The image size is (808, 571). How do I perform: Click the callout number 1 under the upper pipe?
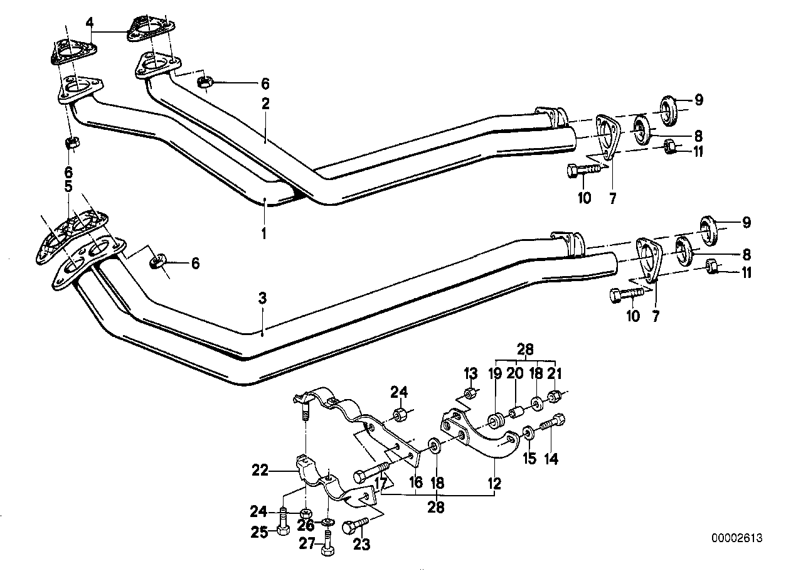coord(264,233)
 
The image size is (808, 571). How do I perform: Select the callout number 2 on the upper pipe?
coord(265,104)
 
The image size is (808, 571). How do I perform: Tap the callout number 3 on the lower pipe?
coord(263,299)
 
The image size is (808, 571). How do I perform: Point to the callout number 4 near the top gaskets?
coord(90,23)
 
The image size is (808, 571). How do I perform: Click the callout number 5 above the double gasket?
coord(68,186)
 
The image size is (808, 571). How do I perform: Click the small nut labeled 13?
coord(470,394)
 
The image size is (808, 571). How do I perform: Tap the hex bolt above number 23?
coord(352,527)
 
